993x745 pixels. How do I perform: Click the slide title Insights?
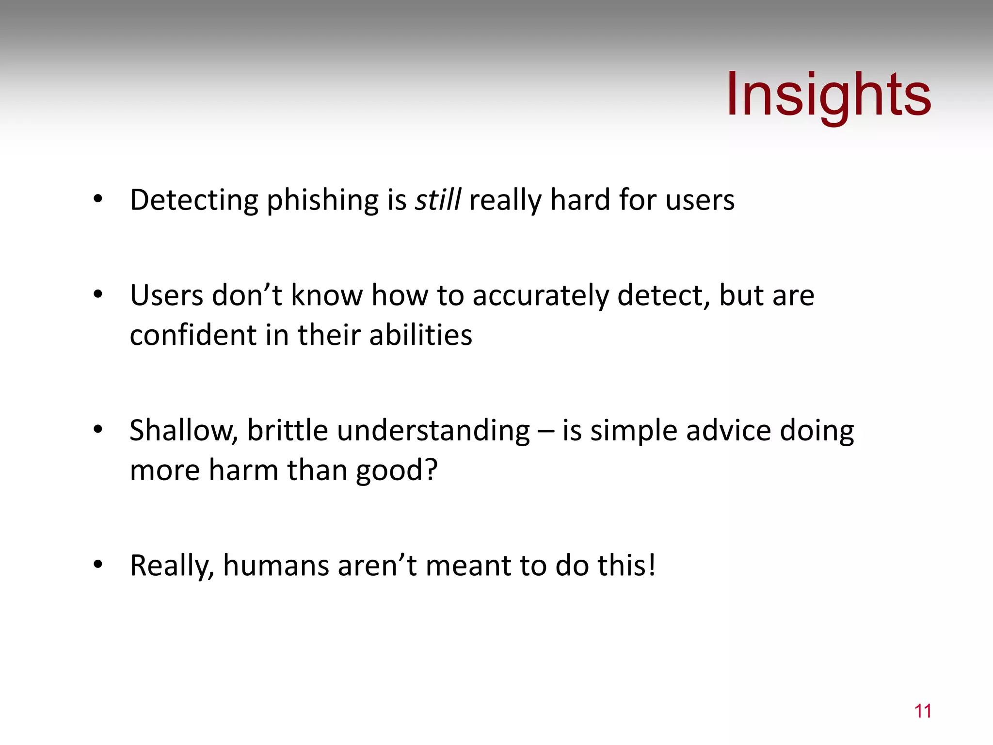pos(828,95)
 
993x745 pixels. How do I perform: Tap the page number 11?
pos(923,711)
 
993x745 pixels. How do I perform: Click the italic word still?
pos(438,200)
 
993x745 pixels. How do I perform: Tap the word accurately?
pos(540,296)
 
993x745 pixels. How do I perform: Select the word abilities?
pos(420,335)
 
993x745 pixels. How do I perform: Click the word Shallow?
pos(184,431)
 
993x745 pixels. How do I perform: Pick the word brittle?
pos(288,431)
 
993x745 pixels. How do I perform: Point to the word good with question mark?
pos(397,471)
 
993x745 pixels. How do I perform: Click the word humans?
pos(276,566)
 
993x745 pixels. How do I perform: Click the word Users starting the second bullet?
pos(166,295)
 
